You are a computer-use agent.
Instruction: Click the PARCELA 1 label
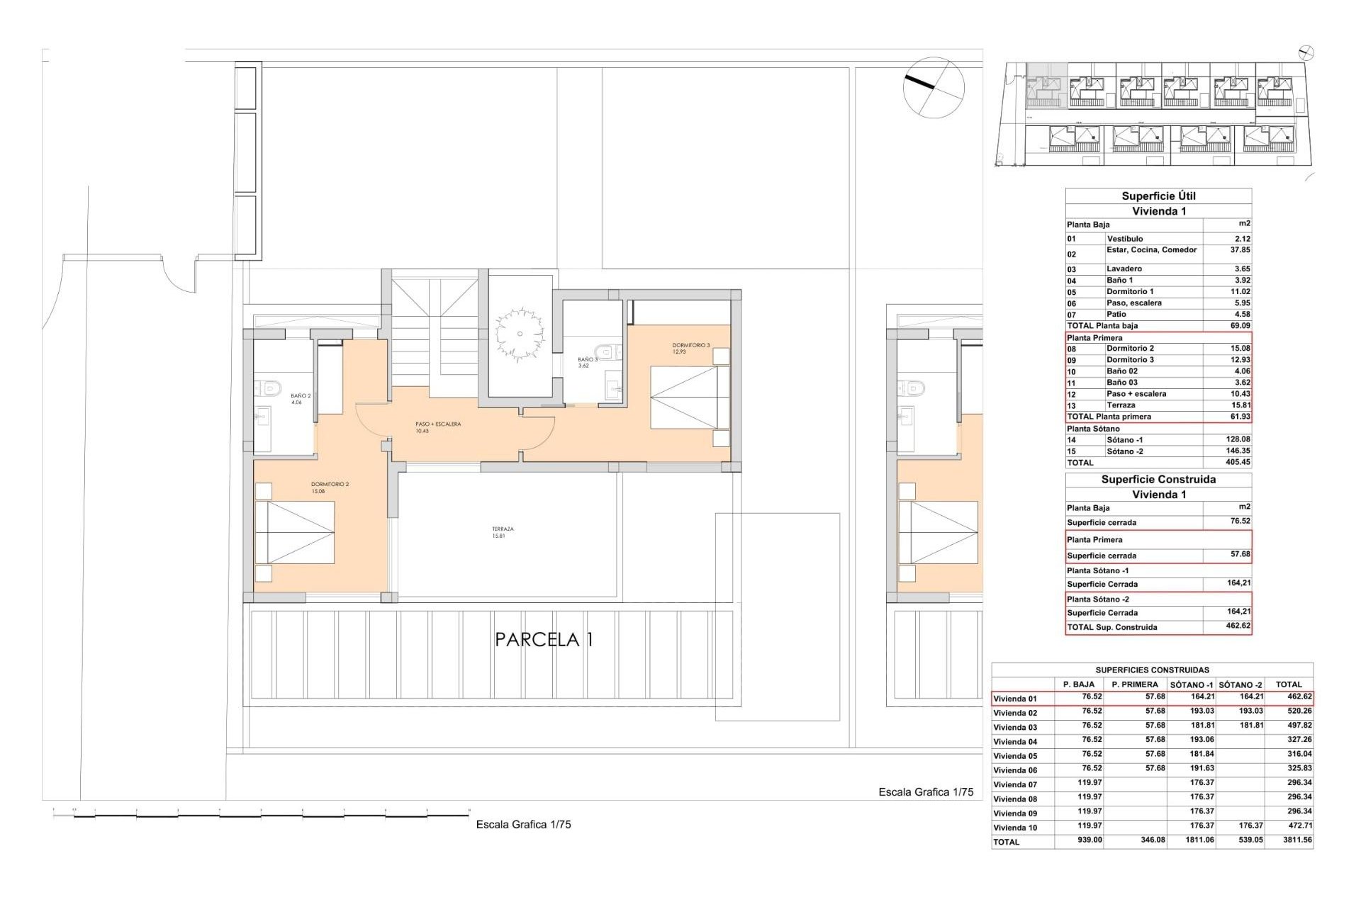click(x=544, y=639)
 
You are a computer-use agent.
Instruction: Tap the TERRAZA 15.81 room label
click(x=503, y=532)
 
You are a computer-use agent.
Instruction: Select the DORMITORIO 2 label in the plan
click(x=330, y=488)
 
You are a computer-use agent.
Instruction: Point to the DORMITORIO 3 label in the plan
click(x=690, y=348)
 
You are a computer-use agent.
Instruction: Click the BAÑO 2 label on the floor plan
click(x=300, y=398)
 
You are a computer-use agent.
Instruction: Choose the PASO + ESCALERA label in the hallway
click(x=437, y=427)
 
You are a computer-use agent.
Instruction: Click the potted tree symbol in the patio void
click(x=520, y=334)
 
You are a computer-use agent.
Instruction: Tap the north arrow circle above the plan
click(x=934, y=87)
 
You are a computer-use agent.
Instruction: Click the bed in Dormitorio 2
click(x=294, y=533)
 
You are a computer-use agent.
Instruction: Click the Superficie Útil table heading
click(x=1158, y=196)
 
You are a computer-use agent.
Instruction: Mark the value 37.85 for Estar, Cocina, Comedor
click(x=1240, y=250)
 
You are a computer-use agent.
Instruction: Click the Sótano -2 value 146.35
click(x=1238, y=451)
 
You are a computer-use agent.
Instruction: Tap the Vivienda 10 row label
click(x=1015, y=828)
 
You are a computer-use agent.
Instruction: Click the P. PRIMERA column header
click(x=1134, y=685)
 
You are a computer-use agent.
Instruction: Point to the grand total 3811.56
click(x=1294, y=840)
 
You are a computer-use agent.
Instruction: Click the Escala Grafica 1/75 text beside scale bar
click(x=523, y=824)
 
